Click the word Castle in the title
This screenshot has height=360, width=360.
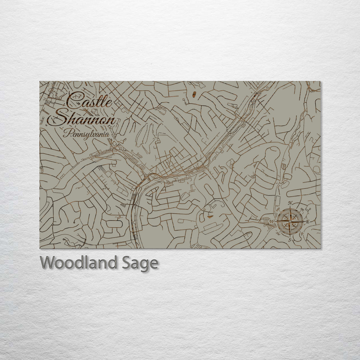[x=89, y=100]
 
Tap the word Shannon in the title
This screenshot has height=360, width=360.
[x=85, y=119]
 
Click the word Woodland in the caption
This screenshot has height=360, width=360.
[x=78, y=263]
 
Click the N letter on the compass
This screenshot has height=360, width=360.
[x=290, y=203]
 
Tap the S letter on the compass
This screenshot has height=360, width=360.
[x=290, y=240]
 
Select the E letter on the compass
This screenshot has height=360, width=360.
[x=308, y=222]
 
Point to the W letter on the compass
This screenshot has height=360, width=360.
[x=272, y=222]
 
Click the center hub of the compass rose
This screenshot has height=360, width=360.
[x=290, y=221]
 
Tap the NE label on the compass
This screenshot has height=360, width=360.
[x=302, y=210]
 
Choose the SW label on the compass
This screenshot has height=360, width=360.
[x=278, y=233]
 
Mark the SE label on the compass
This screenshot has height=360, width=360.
[x=302, y=233]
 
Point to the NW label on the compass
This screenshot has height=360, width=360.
[x=278, y=210]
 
